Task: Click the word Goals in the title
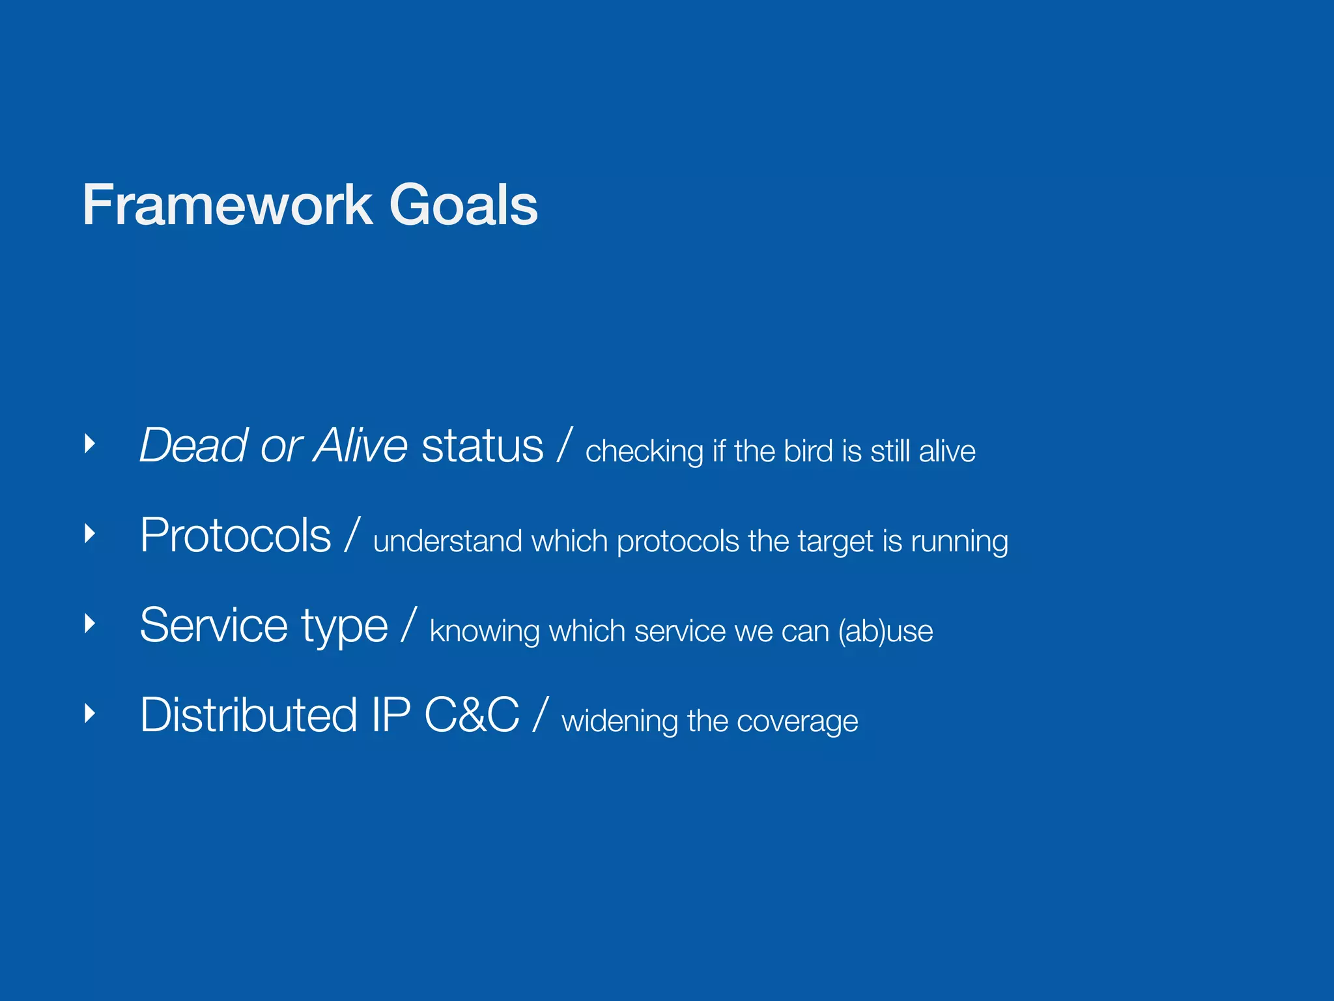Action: [x=463, y=205]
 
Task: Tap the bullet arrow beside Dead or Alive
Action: [x=90, y=444]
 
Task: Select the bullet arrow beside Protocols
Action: [x=90, y=534]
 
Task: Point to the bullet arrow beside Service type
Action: [x=90, y=624]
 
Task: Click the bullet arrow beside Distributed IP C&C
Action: [x=90, y=714]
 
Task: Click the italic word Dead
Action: [x=193, y=446]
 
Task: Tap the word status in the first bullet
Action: [x=482, y=446]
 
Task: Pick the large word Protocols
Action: [x=236, y=536]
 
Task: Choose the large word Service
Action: [x=214, y=626]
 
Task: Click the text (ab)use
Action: [x=885, y=631]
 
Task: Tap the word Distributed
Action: [x=249, y=716]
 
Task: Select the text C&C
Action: [x=472, y=716]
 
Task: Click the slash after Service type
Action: [x=408, y=626]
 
